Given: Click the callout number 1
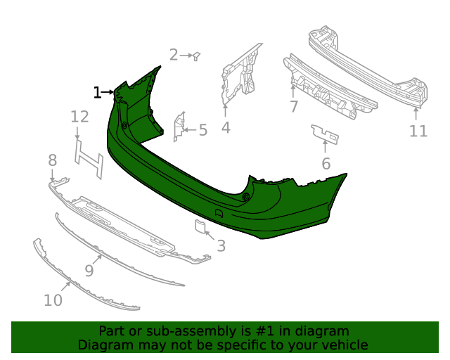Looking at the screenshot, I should (x=97, y=92).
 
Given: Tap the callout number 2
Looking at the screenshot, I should (x=174, y=54).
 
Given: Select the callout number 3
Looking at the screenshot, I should (x=221, y=246).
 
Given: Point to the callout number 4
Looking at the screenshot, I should (x=225, y=127).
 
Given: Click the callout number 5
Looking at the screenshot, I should (x=203, y=130).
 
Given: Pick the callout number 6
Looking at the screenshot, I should (x=326, y=164).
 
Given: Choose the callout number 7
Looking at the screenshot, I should (x=293, y=107).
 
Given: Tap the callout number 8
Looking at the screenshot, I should (x=52, y=161).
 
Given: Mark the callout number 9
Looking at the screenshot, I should (x=89, y=270).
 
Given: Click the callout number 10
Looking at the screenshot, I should (x=53, y=300).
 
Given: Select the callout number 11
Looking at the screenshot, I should (x=418, y=131).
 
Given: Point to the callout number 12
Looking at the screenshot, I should (x=79, y=117).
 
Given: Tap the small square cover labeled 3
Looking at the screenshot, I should (x=200, y=226).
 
